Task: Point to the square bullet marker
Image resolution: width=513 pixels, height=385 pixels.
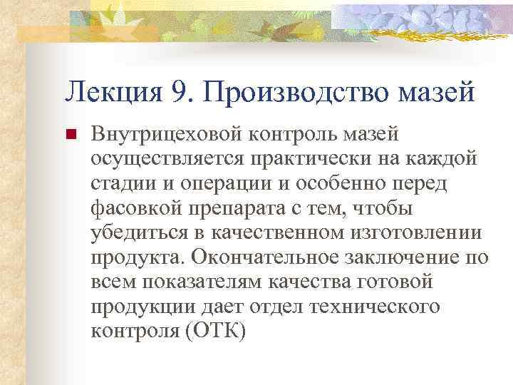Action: (x=70, y=134)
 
